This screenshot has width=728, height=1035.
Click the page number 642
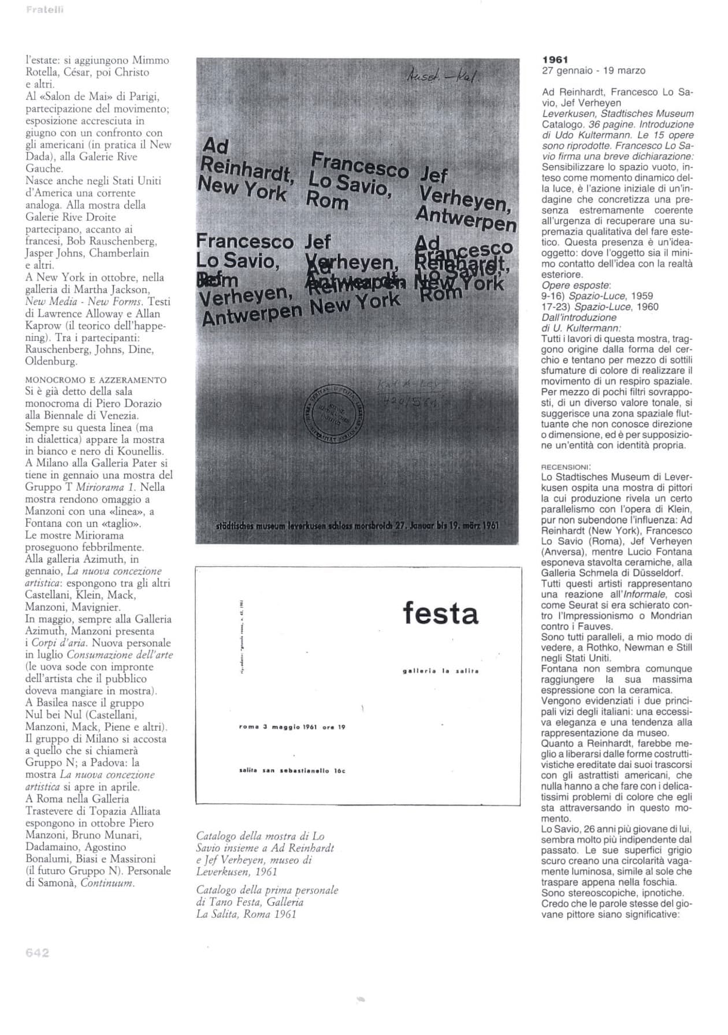(38, 953)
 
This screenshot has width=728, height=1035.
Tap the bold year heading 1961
(555, 59)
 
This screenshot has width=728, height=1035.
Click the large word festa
(440, 613)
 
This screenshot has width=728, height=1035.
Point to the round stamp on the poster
(333, 414)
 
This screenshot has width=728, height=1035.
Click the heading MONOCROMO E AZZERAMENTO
(95, 380)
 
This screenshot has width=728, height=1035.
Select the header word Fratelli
(44, 9)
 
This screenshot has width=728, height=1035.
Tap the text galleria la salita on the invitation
(440, 671)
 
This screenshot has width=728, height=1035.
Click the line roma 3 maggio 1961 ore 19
(292, 727)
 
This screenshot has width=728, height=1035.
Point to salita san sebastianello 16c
(292, 771)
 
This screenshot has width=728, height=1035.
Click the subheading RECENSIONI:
(566, 467)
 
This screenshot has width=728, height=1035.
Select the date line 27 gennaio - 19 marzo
(593, 70)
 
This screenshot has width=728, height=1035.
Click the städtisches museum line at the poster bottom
(356, 526)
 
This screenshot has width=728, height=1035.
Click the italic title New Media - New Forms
(84, 301)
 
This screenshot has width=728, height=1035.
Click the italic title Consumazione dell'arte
(120, 655)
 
